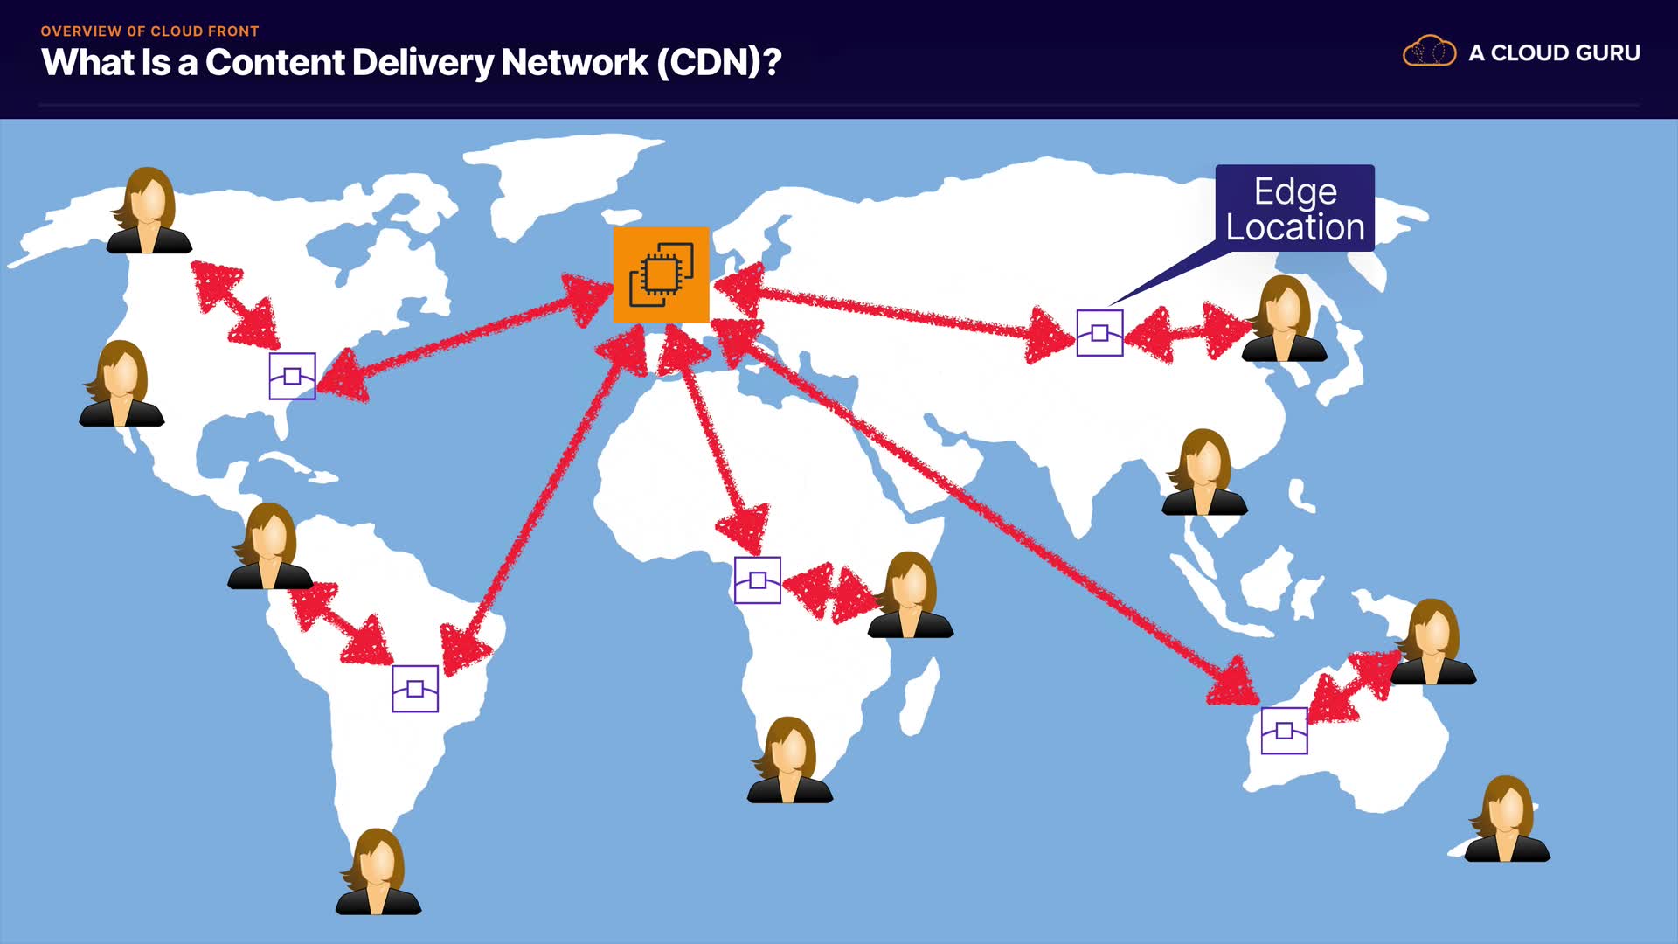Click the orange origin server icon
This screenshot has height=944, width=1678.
click(661, 274)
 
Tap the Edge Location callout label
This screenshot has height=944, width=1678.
click(1295, 208)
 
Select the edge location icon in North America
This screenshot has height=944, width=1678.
click(292, 376)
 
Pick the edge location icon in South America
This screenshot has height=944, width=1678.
click(415, 689)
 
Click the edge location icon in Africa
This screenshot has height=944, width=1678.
click(758, 580)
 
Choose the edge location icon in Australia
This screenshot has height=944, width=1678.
click(1285, 731)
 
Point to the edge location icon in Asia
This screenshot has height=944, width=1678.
click(1099, 333)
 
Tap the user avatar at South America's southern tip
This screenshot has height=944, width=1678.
click(378, 871)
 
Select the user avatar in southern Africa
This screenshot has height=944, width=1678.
click(790, 760)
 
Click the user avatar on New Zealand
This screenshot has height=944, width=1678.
click(1508, 819)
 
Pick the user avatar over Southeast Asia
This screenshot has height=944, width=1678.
click(1204, 472)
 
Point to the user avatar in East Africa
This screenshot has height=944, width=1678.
click(911, 594)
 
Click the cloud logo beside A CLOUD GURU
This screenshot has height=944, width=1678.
click(1429, 52)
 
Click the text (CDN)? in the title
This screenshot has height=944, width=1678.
click(718, 62)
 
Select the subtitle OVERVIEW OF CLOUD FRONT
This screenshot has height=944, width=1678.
click(149, 31)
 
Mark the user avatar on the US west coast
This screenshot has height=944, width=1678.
click(122, 384)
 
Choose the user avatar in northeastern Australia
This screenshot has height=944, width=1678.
click(1433, 642)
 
